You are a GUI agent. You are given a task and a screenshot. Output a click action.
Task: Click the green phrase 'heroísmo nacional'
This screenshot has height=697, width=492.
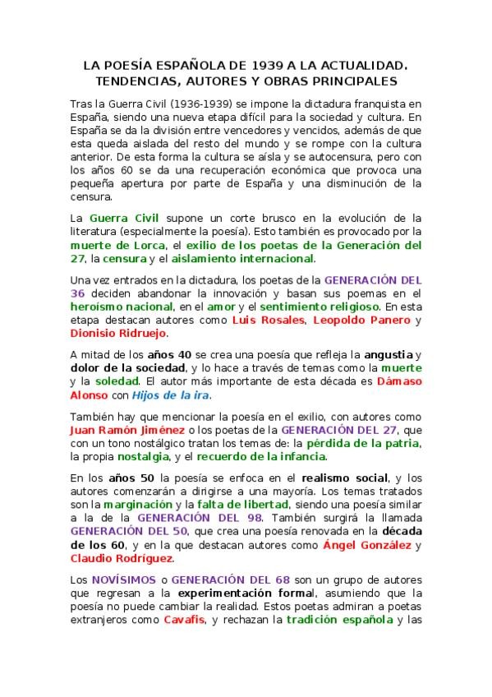(119, 306)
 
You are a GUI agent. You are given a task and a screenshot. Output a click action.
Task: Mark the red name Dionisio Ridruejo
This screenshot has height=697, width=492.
(118, 333)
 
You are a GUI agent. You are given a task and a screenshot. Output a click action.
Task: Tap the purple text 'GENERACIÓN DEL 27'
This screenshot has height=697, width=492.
(330, 430)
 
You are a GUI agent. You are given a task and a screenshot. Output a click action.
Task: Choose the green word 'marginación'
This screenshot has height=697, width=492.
(131, 505)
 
